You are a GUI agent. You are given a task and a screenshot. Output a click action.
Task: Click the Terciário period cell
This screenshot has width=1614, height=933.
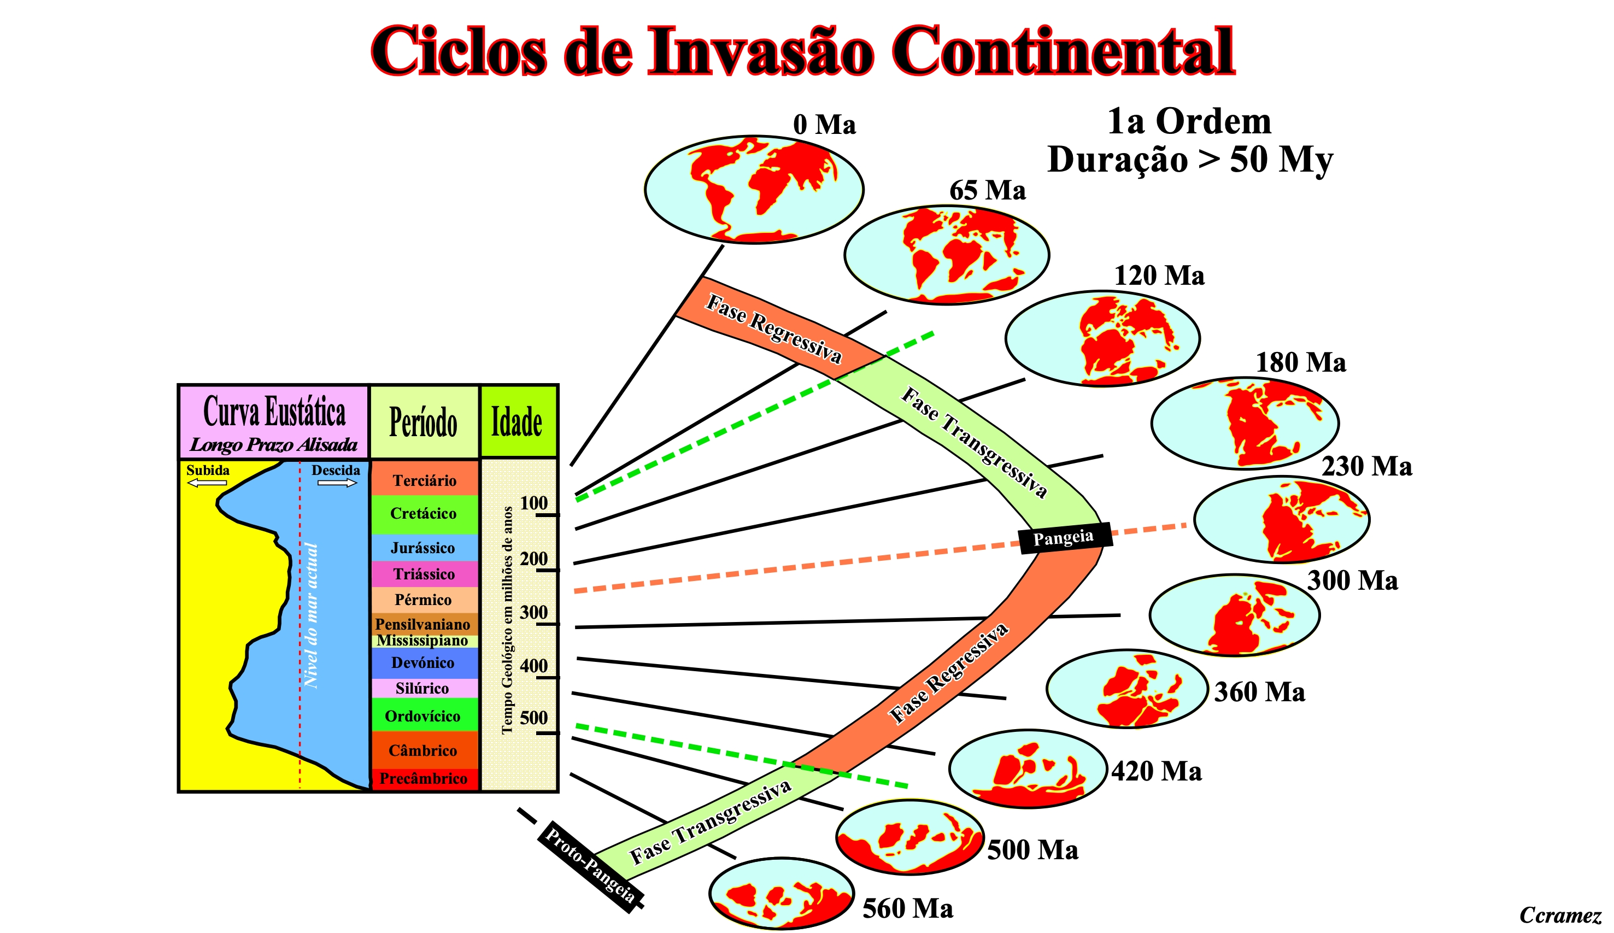point(425,478)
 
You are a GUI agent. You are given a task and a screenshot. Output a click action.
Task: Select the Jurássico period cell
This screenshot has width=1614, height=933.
point(425,548)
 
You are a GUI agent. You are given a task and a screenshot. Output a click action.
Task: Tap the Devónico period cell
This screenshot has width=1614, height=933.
point(425,663)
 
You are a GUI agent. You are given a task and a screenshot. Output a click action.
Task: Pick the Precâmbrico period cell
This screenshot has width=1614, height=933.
point(425,779)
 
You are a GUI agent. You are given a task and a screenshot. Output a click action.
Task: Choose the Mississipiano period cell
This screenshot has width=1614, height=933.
point(425,641)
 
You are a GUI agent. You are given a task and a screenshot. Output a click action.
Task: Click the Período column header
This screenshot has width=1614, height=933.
point(424,421)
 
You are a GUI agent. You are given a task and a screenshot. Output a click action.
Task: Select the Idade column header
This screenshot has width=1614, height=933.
point(518,421)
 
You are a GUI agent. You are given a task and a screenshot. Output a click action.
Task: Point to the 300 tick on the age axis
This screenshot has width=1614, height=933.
point(548,624)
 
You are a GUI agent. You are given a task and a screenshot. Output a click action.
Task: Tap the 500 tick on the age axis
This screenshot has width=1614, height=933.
point(548,732)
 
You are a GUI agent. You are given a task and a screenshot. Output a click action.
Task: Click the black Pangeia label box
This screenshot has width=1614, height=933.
point(1065,537)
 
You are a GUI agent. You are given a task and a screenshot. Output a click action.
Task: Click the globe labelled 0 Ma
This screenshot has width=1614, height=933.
point(754,190)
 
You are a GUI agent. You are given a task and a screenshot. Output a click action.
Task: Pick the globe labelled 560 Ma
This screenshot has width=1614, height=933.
point(782,893)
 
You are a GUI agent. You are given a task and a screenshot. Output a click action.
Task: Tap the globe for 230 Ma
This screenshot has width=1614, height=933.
point(1282,519)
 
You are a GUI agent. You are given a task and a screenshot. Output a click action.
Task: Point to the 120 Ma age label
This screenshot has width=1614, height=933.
point(1159,276)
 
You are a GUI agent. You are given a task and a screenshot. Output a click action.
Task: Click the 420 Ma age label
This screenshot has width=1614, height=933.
point(1157,772)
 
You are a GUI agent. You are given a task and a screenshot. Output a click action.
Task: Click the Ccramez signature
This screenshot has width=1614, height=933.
point(1560,915)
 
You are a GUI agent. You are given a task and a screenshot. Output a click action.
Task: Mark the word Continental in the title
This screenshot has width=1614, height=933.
point(1063,51)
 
